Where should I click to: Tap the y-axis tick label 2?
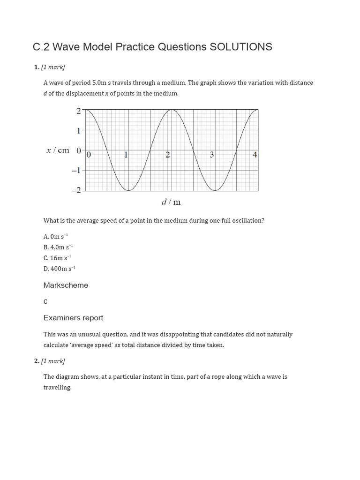[x=78, y=111]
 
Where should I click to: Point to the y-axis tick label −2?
[x=76, y=190]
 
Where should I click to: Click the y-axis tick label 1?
[x=78, y=130]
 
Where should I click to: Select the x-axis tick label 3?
[x=212, y=155]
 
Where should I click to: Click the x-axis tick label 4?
[x=255, y=155]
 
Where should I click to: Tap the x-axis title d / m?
[x=171, y=202]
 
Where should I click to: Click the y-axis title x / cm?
[x=58, y=150]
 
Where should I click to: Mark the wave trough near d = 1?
[x=129, y=190]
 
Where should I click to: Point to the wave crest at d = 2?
[x=172, y=110]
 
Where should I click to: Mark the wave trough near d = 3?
[x=215, y=190]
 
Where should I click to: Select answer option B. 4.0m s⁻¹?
[x=58, y=247]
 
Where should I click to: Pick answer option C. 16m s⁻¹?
[x=57, y=258]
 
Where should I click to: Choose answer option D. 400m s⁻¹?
[x=59, y=269]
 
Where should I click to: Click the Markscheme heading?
[x=66, y=285]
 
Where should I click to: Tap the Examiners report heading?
[x=73, y=318]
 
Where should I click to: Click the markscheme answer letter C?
[x=45, y=302]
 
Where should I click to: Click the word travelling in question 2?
[x=57, y=388]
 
